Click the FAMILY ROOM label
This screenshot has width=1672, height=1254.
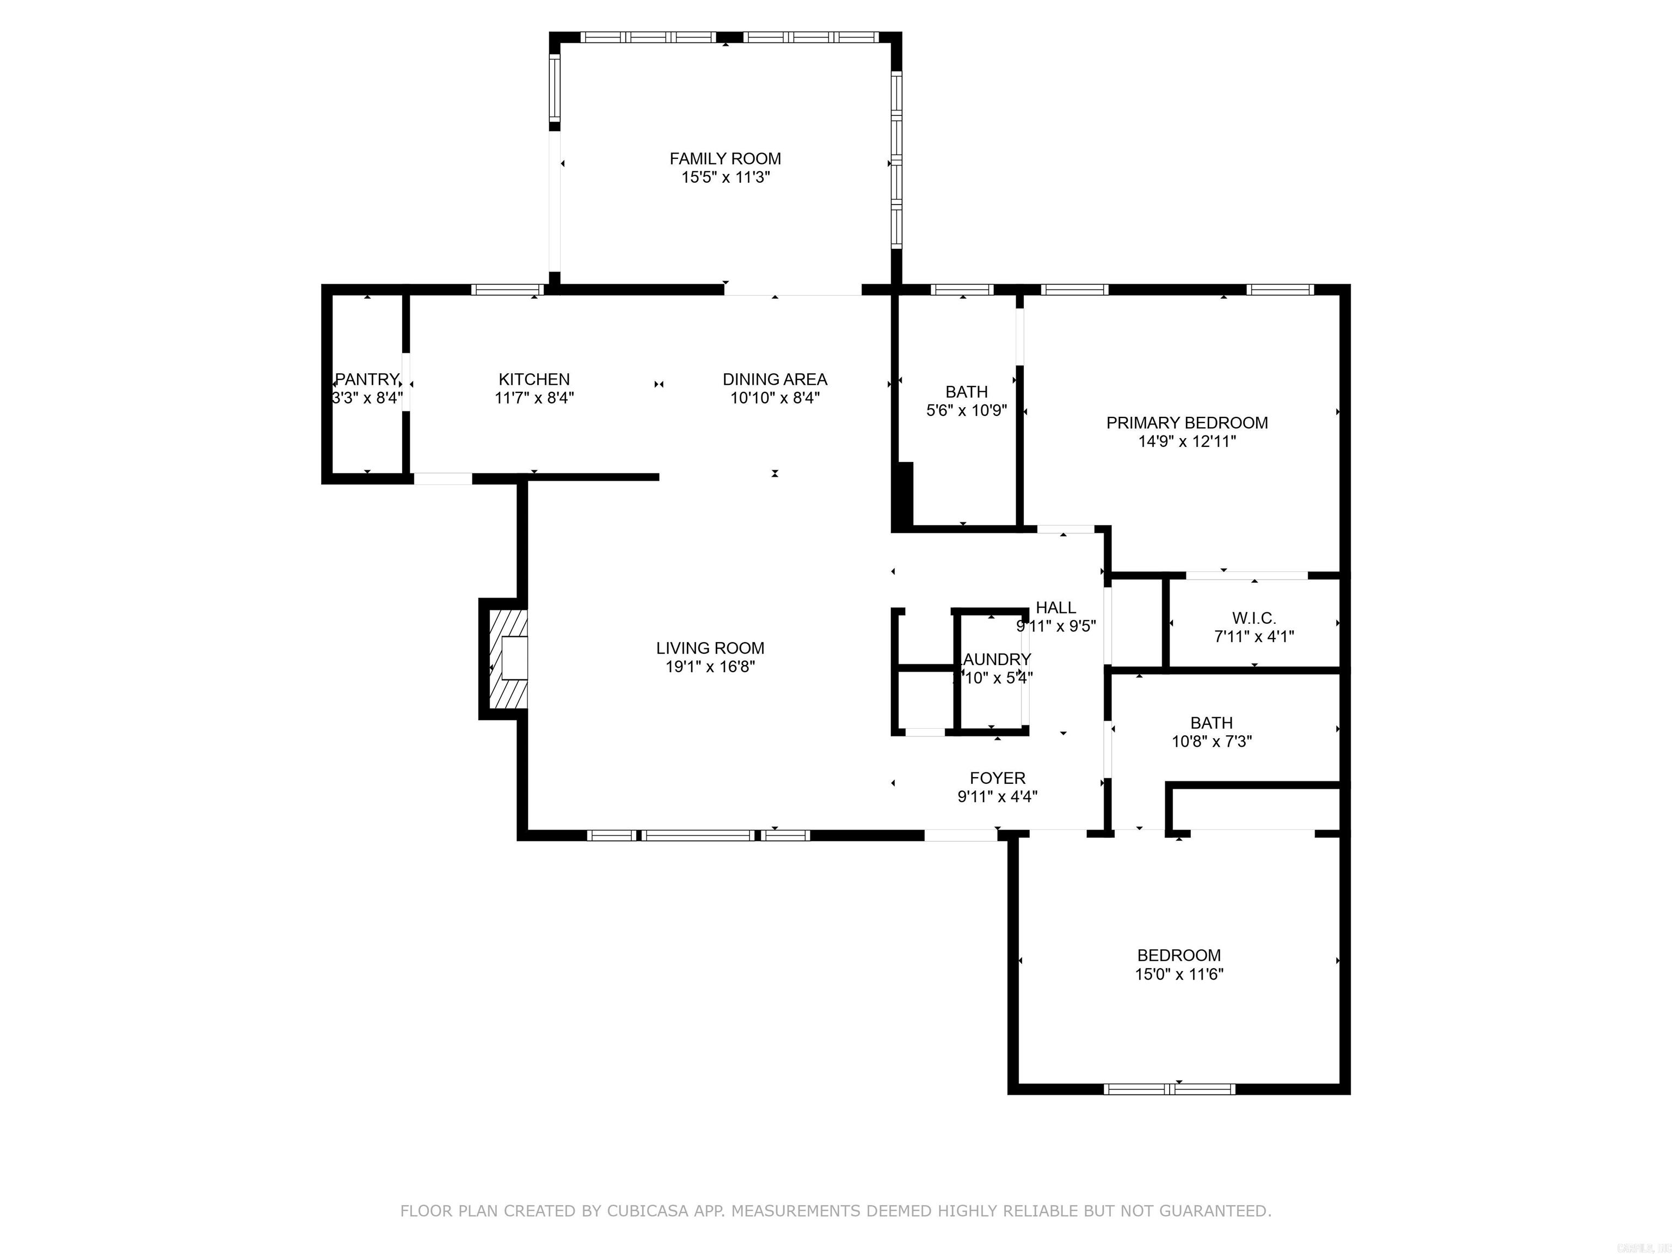pyautogui.click(x=725, y=159)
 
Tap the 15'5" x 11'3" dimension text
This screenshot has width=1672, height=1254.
pyautogui.click(x=725, y=177)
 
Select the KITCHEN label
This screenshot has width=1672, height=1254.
pyautogui.click(x=533, y=379)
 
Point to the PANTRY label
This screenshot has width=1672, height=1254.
pyautogui.click(x=367, y=379)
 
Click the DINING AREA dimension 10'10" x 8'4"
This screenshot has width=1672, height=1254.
pyautogui.click(x=775, y=398)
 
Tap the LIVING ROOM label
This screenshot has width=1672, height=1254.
pyautogui.click(x=710, y=648)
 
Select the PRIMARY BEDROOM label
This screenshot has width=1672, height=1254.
pyautogui.click(x=1187, y=423)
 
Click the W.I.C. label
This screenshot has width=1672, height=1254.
pyautogui.click(x=1254, y=618)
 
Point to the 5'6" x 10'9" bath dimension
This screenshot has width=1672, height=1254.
pyautogui.click(x=967, y=410)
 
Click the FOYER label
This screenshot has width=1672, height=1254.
pyautogui.click(x=998, y=778)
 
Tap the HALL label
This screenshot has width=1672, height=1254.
pyautogui.click(x=1056, y=608)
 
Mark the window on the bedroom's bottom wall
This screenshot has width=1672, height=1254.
pyautogui.click(x=1169, y=1089)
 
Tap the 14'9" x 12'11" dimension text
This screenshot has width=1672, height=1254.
pyautogui.click(x=1187, y=441)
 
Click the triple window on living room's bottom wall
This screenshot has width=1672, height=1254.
pyautogui.click(x=698, y=835)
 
